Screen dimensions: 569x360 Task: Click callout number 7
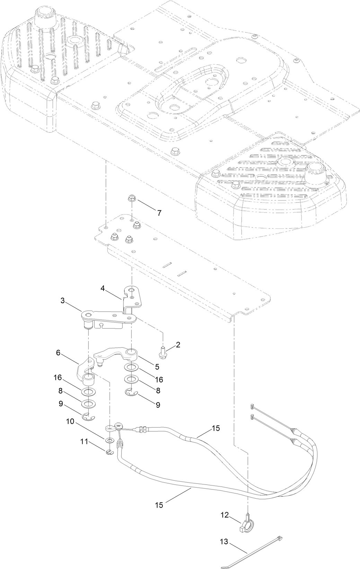pos(159,213)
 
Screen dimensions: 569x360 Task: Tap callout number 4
pos(103,288)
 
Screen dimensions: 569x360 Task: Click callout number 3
pos(63,300)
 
